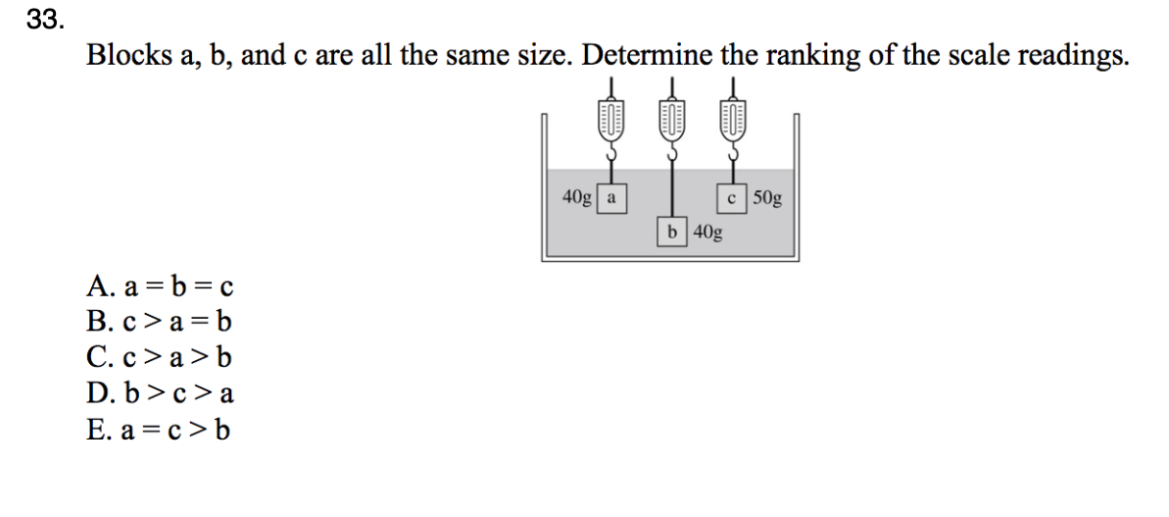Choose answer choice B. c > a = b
pos(159,322)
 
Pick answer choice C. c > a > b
pos(159,358)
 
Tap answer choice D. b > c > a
pos(159,394)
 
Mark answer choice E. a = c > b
pos(159,430)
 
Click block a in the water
pos(611,197)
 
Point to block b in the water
pos(671,233)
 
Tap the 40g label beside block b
pos(707,233)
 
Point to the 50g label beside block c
pos(768,197)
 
